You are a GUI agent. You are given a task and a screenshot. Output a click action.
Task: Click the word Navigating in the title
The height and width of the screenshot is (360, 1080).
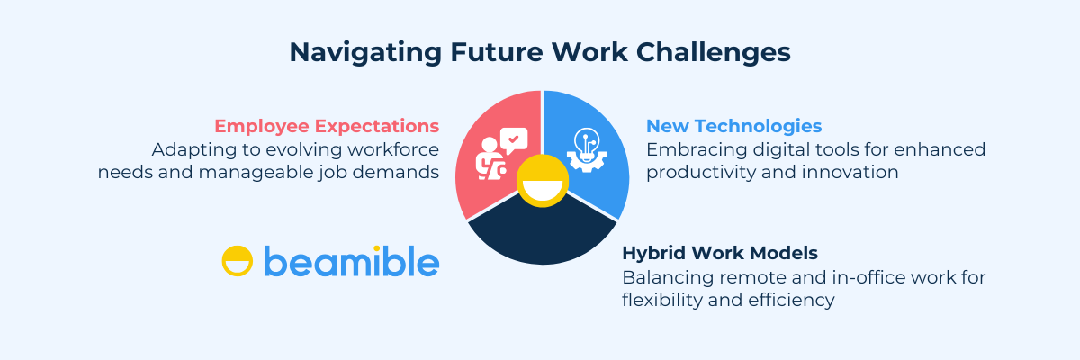coord(365,53)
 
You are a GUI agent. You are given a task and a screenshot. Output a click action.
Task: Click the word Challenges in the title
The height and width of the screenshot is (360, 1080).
coord(714,53)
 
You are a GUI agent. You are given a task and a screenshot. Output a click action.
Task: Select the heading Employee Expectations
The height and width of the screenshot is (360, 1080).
coord(327,127)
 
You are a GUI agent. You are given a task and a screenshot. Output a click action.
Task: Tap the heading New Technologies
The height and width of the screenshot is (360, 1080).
coord(733,126)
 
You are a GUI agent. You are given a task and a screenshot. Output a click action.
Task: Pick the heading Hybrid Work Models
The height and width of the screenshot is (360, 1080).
coord(720,253)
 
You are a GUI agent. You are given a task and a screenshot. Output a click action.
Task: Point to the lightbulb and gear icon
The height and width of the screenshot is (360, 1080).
coord(586,150)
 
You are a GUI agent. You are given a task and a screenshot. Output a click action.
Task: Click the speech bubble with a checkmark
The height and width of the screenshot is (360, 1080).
coord(514,140)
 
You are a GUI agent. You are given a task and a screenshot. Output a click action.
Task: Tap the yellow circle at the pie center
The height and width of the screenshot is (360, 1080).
coord(543,181)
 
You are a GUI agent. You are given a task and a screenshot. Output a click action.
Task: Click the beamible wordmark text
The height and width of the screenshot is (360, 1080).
coord(352,261)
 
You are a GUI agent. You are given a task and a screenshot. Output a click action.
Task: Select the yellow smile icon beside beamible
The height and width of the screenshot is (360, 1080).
coord(238,261)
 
